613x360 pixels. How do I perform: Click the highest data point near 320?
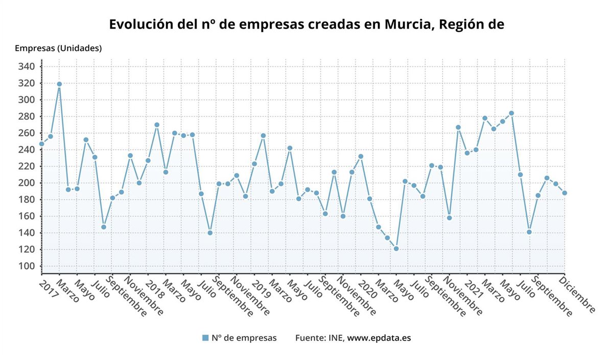[x=59, y=84]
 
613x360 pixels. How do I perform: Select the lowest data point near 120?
[x=396, y=249]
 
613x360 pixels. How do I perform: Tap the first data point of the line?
[x=41, y=144]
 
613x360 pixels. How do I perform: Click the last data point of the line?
[x=564, y=193]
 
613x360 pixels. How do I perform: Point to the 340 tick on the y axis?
[x=27, y=66]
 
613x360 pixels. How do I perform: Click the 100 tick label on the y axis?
[x=27, y=266]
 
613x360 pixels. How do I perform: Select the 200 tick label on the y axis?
[x=27, y=183]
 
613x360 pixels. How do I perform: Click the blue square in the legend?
[x=205, y=338]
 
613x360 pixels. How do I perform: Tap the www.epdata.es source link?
[x=379, y=338]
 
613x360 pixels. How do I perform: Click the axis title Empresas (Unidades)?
[x=58, y=49]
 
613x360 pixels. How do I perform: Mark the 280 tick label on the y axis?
[x=27, y=116]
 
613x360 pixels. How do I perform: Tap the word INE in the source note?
[x=336, y=338]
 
